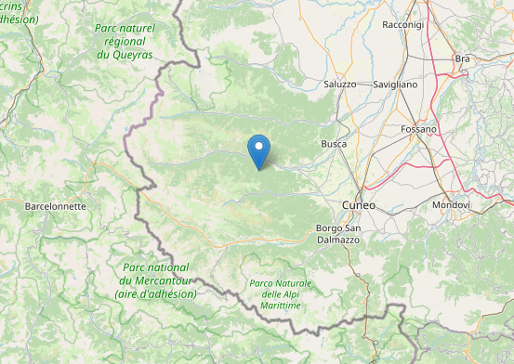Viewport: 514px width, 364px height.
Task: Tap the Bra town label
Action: pos(462,58)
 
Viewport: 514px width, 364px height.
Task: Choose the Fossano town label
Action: pos(419,129)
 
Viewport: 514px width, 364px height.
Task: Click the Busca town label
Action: pos(334,144)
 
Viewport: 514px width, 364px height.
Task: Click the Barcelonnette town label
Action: pos(55,206)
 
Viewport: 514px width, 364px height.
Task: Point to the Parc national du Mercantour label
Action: pos(157,280)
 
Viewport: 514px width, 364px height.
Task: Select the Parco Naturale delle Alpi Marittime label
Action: pos(281,294)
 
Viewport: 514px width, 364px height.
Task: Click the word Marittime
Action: pos(281,307)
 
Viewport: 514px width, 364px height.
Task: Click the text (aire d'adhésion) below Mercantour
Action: pos(156,293)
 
